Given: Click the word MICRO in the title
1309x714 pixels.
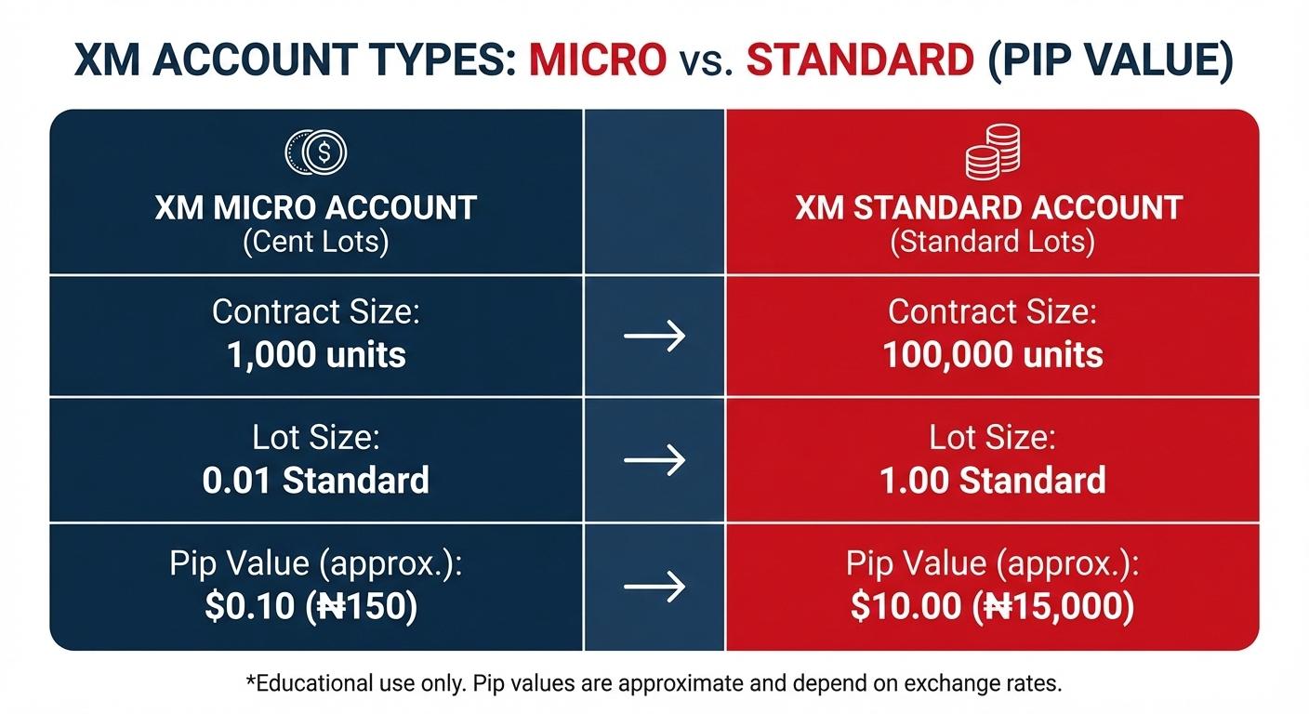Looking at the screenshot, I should [597, 59].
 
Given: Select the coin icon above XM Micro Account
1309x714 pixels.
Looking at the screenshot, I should [316, 151].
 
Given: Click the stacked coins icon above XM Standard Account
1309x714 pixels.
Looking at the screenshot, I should [992, 152].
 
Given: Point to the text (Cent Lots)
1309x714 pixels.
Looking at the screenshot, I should [316, 242].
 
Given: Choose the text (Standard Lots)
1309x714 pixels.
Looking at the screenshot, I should [992, 242].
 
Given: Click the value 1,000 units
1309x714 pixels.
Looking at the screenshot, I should [316, 354].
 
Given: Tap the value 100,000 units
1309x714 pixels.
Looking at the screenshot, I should [992, 354].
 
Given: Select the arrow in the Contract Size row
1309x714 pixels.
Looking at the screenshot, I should [654, 336].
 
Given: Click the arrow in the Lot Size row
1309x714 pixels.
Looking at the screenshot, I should [654, 460].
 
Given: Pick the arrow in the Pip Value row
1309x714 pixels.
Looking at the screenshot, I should [654, 586].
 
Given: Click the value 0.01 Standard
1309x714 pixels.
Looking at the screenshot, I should [316, 480].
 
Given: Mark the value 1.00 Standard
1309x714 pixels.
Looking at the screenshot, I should [992, 480].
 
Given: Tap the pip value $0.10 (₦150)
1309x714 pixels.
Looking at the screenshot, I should [311, 605].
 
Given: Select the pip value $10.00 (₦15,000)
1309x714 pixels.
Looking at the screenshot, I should [992, 605].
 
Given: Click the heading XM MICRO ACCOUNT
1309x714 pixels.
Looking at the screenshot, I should [316, 206].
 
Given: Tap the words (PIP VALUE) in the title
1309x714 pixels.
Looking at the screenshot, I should [1110, 59].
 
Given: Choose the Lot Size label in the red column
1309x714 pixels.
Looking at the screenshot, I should [992, 437].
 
